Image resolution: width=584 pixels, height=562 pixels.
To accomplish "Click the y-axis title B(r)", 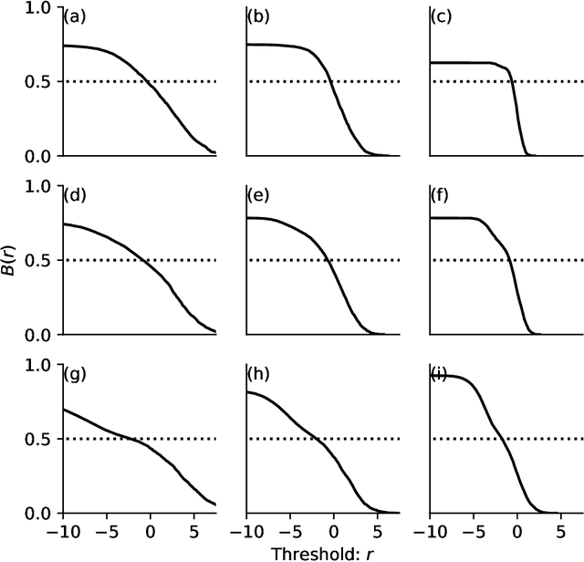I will [x=12, y=261].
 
